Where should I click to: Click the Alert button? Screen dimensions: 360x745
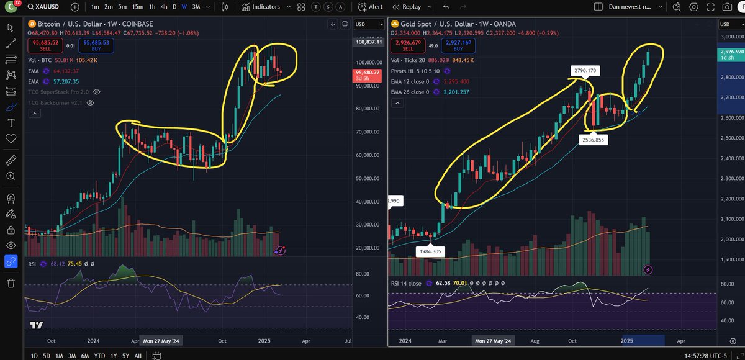pyautogui.click(x=371, y=7)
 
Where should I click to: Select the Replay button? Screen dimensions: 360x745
pyautogui.click(x=423, y=7)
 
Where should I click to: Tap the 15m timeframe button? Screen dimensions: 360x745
pyautogui.click(x=137, y=7)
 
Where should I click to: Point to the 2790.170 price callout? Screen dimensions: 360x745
pyautogui.click(x=585, y=71)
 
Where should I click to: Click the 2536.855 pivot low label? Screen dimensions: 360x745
pyautogui.click(x=594, y=141)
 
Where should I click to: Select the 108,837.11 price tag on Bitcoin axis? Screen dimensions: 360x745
pyautogui.click(x=368, y=41)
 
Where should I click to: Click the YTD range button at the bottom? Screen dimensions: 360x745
pyautogui.click(x=99, y=356)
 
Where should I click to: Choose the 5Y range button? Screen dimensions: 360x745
pyautogui.click(x=126, y=356)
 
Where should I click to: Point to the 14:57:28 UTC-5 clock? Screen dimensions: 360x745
pyautogui.click(x=712, y=356)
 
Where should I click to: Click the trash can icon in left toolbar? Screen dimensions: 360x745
pyautogui.click(x=11, y=283)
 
